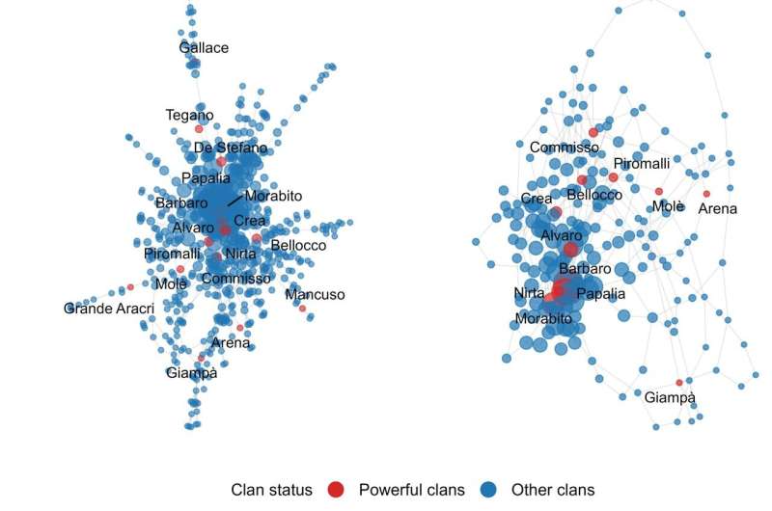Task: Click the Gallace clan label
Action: [204, 47]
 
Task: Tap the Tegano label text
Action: [189, 115]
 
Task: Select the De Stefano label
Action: [231, 148]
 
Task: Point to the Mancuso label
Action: [316, 295]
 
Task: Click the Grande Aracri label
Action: [109, 309]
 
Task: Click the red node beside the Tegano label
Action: [199, 129]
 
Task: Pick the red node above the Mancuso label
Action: [302, 309]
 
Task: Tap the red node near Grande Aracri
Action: [130, 287]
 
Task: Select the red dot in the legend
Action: [336, 490]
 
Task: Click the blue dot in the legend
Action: [488, 490]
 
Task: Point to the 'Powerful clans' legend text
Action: [412, 490]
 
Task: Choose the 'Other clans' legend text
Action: [553, 490]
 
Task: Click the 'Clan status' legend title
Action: [271, 490]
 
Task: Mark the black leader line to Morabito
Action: [235, 201]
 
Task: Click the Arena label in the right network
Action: [718, 209]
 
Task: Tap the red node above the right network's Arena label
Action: [706, 194]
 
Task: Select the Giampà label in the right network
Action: [670, 397]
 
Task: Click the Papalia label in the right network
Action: [600, 294]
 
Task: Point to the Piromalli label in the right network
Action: [642, 163]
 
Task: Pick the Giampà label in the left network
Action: [191, 373]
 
